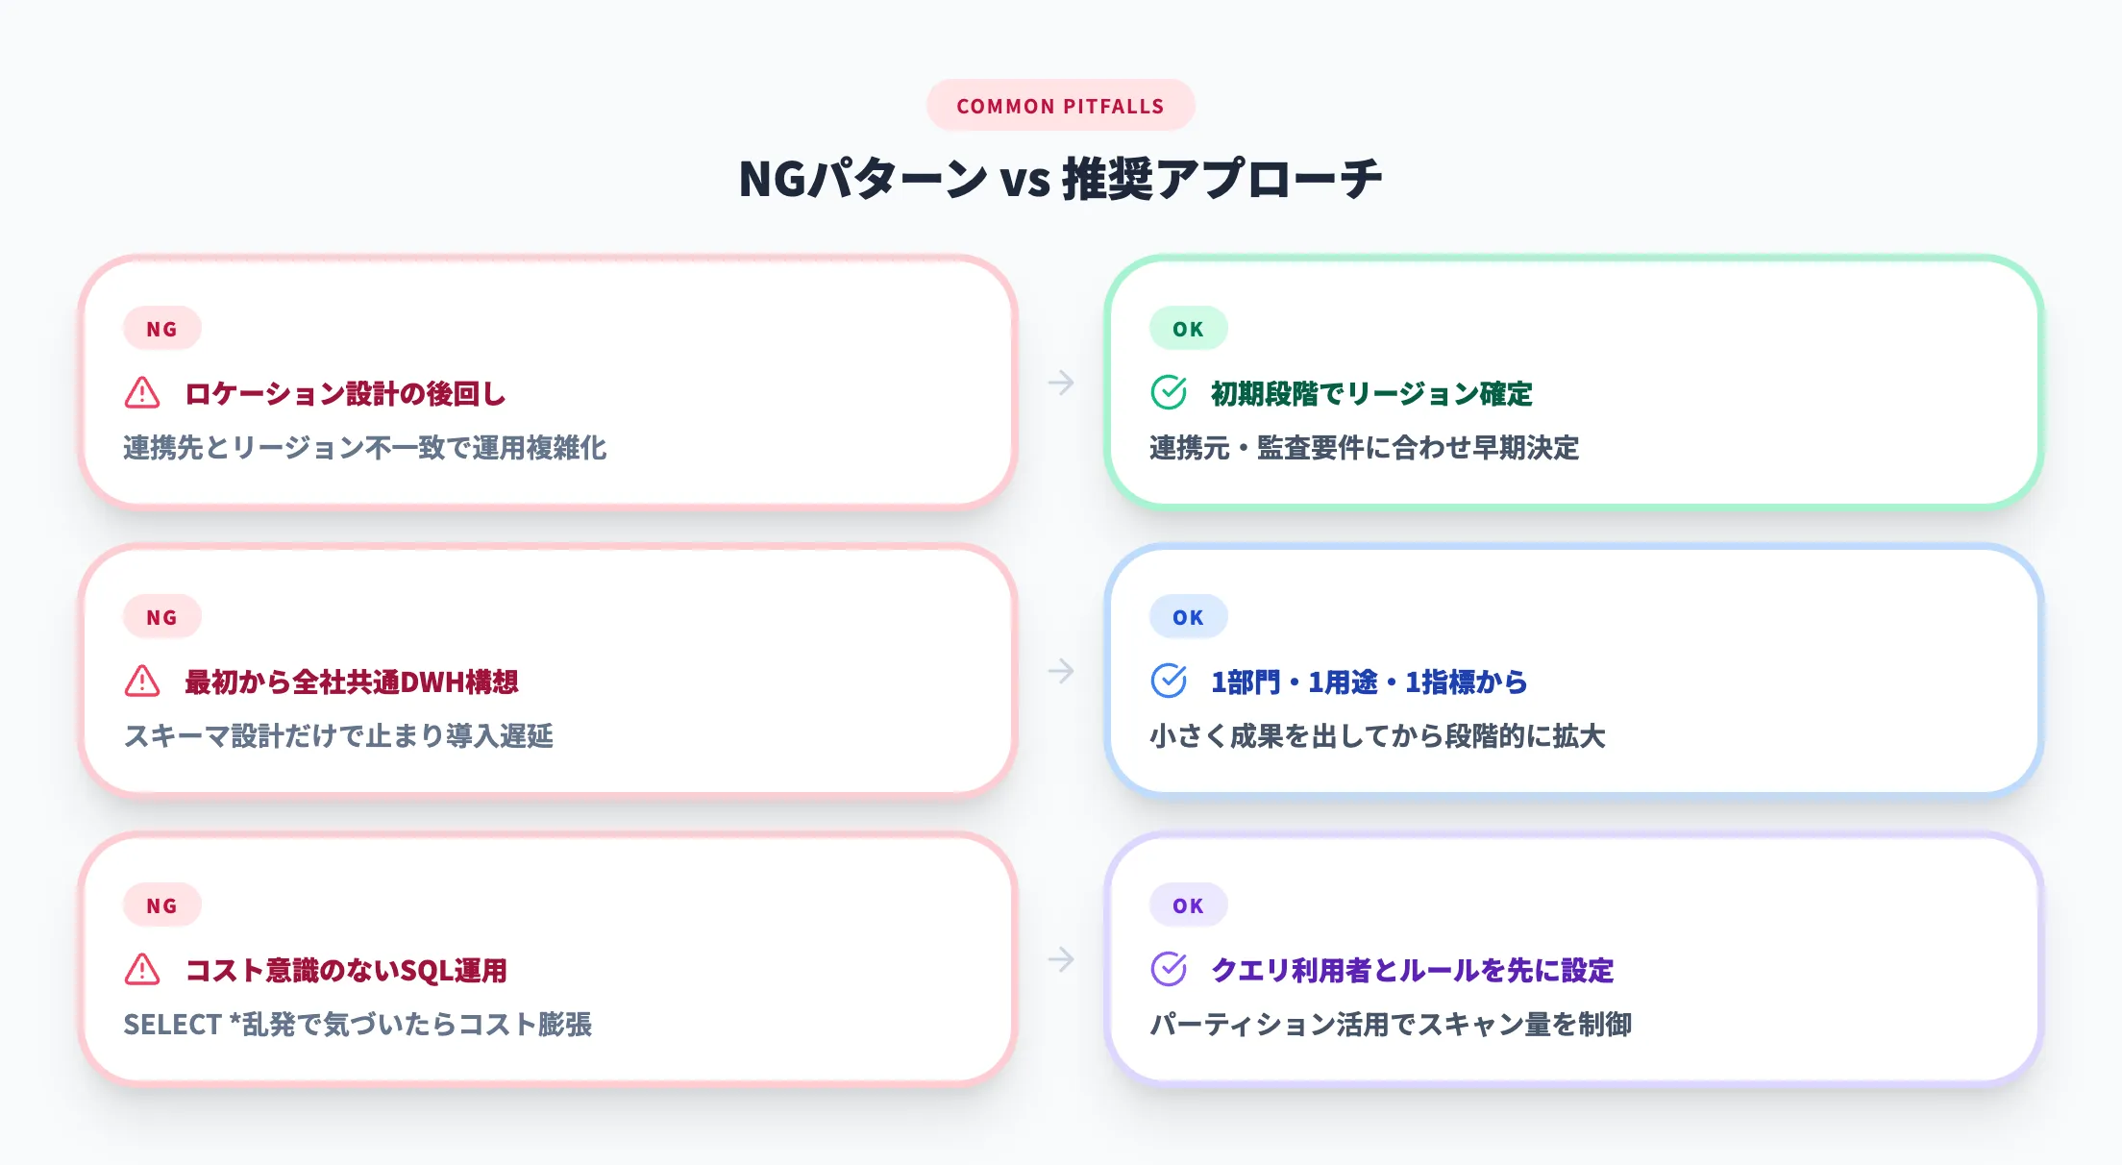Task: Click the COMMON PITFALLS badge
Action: click(1060, 106)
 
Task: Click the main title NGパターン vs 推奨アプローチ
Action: click(1060, 179)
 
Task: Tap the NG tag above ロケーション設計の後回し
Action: click(161, 329)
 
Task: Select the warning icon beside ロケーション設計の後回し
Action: click(142, 392)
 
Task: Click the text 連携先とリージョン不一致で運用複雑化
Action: click(364, 448)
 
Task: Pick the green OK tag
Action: click(1188, 329)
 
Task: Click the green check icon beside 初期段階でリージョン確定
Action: click(1169, 392)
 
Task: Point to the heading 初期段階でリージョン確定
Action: click(1370, 393)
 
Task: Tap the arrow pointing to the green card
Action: click(1061, 383)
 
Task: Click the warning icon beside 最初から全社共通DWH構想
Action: click(142, 681)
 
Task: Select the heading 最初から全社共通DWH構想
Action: click(351, 682)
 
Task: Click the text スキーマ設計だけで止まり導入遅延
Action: click(338, 736)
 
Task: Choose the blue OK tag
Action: click(1188, 617)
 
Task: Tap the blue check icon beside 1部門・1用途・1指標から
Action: click(1169, 681)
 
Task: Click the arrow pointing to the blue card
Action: click(1061, 671)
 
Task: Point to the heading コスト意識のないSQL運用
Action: click(345, 970)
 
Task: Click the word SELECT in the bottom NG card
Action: click(173, 1025)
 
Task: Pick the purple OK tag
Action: click(1188, 905)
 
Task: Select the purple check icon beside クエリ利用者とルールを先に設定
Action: click(1169, 969)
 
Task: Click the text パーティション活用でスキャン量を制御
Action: click(1391, 1025)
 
